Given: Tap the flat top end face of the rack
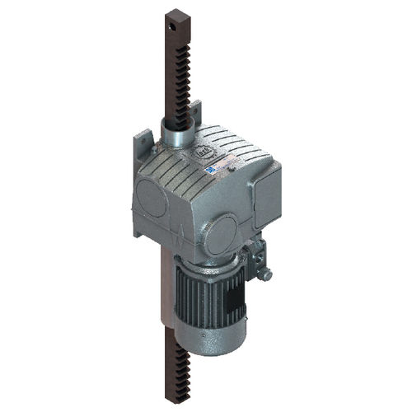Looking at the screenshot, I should pyautogui.click(x=177, y=12).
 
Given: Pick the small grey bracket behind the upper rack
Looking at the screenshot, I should pyautogui.click(x=195, y=111).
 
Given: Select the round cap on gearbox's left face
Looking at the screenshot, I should pyautogui.click(x=152, y=197).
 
